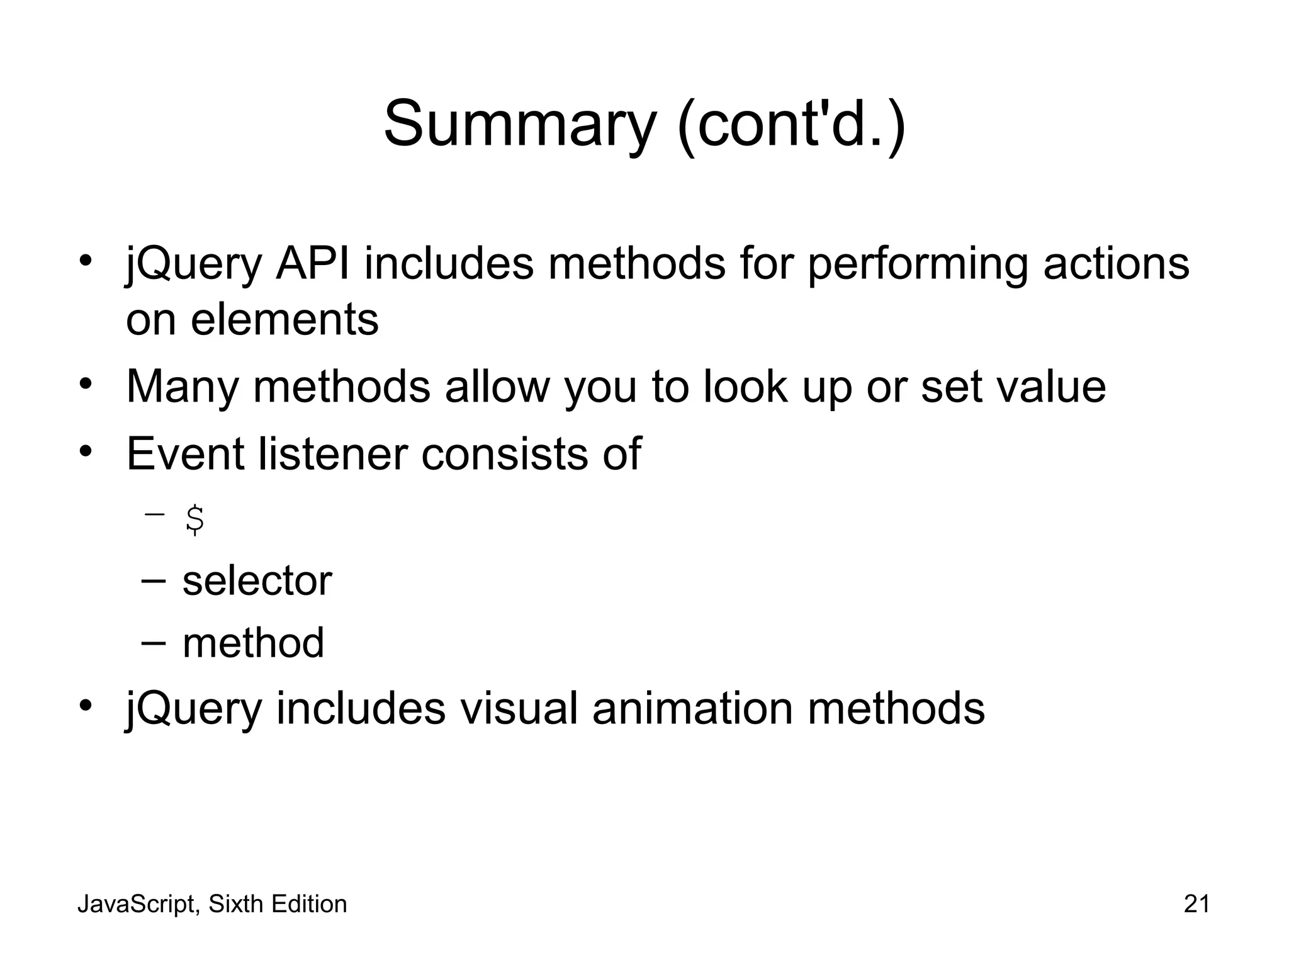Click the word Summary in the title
[x=520, y=124]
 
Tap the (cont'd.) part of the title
[x=791, y=124]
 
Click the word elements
[x=284, y=319]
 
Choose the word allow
[x=497, y=386]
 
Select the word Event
[x=186, y=453]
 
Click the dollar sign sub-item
[x=194, y=520]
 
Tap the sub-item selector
[x=257, y=580]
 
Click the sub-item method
[x=253, y=643]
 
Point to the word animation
[x=692, y=708]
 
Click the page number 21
[x=1196, y=904]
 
